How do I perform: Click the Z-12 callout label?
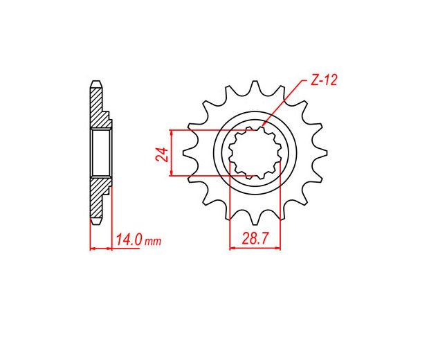tap(324, 80)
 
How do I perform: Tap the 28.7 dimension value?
tap(255, 238)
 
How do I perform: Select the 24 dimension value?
tap(162, 154)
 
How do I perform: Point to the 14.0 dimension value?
tap(129, 240)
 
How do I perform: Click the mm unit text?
tap(153, 242)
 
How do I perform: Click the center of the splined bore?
tap(255, 153)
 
